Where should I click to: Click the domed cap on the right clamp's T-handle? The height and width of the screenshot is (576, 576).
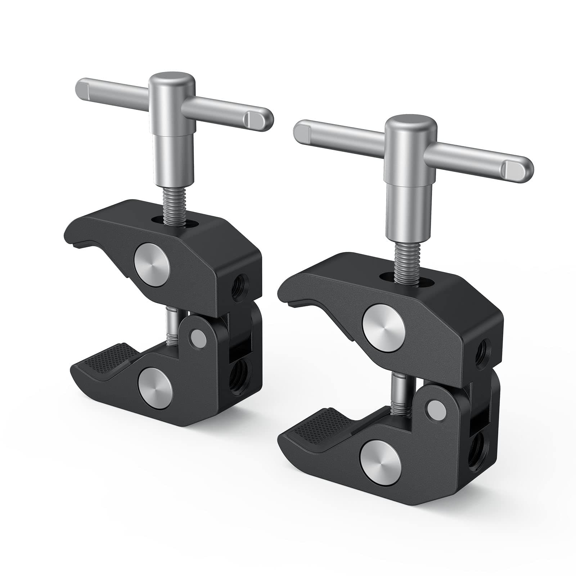coord(411,125)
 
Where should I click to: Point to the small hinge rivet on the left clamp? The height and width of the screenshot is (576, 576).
coord(197,337)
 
